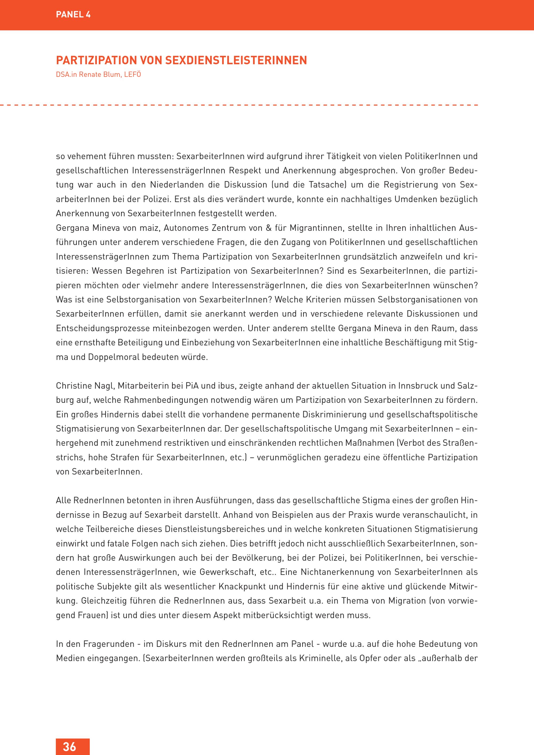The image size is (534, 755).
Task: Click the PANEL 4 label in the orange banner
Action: coord(73,14)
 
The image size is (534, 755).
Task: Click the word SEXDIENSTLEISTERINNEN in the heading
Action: coord(236,60)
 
